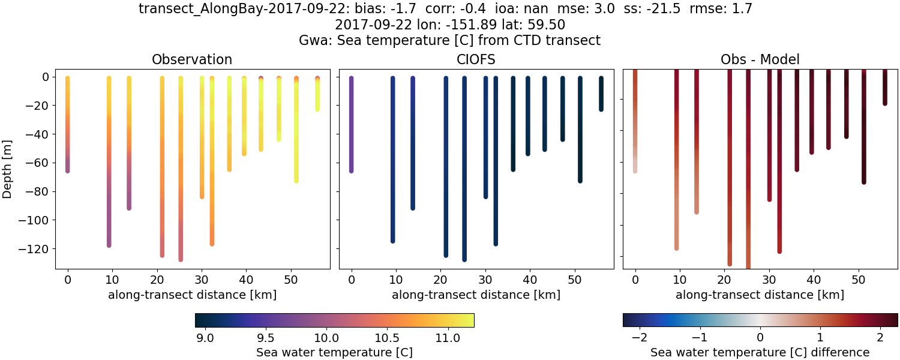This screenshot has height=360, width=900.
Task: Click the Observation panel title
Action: [192, 59]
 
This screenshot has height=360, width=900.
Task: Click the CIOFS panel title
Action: [476, 59]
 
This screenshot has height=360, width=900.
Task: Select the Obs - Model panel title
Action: [760, 59]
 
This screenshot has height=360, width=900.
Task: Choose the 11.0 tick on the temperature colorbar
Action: [448, 338]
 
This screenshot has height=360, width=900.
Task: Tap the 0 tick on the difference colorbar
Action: [760, 338]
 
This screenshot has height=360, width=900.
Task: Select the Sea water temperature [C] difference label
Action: [760, 353]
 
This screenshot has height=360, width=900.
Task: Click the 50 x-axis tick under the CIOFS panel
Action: [575, 279]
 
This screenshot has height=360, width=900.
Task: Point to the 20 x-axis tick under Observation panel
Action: [157, 279]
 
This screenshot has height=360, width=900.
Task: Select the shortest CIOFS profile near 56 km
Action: [601, 94]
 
